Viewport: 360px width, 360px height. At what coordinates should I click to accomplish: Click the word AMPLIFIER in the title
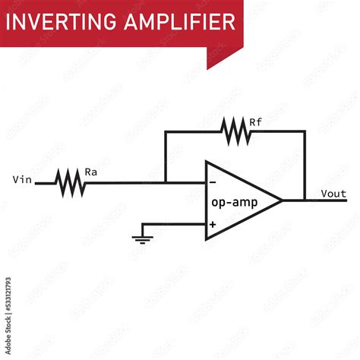[x=179, y=22]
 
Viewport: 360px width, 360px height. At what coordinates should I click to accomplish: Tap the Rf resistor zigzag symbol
[x=236, y=131]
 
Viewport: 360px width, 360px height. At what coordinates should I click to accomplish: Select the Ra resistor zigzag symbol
[x=70, y=182]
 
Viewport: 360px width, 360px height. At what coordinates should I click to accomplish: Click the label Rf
[x=256, y=121]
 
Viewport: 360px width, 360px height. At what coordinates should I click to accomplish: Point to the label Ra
[x=90, y=172]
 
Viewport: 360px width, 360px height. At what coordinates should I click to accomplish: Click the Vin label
[x=23, y=180]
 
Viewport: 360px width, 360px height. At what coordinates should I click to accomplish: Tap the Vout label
[x=334, y=193]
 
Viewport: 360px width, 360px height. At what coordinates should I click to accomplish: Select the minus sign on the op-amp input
[x=212, y=182]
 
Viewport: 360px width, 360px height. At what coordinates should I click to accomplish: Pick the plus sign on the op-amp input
[x=212, y=224]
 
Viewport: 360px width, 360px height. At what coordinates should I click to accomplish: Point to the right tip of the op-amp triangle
[x=283, y=201]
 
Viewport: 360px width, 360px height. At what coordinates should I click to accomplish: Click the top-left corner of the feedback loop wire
[x=165, y=131]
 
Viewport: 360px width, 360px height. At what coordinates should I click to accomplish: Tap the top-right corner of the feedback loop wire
[x=305, y=131]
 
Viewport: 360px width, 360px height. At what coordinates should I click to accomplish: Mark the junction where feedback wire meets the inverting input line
[x=165, y=182]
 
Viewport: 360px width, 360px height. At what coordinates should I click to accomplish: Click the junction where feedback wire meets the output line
[x=305, y=201]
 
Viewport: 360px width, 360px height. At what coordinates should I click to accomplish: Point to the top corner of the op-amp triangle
[x=205, y=161]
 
